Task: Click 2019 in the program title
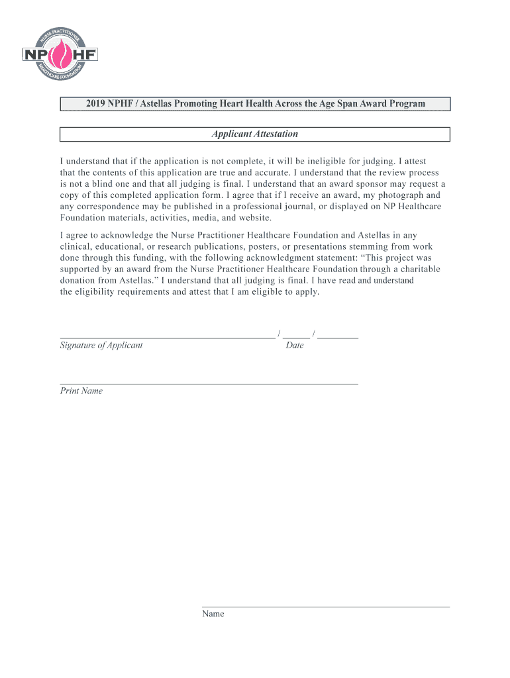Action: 96,104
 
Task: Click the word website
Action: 254,218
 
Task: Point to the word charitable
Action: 415,269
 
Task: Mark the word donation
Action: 79,281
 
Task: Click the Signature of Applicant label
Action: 101,345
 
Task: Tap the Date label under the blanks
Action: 295,345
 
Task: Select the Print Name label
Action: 81,391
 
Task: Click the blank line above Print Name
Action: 209,383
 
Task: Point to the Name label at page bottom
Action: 213,614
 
